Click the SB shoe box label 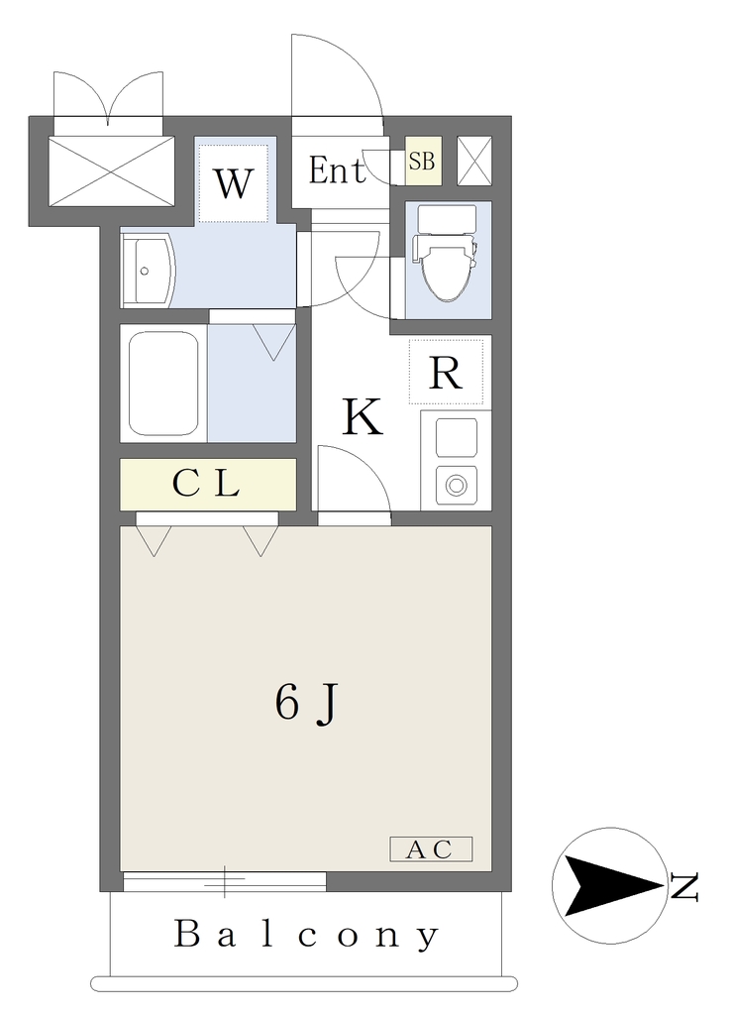(423, 161)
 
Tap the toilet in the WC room (447, 253)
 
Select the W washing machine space (233, 183)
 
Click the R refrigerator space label (446, 373)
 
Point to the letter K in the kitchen (363, 417)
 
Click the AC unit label (431, 849)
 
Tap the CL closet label (207, 483)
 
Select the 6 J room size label (306, 705)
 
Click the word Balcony (306, 935)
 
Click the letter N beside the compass (684, 887)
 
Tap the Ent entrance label (337, 170)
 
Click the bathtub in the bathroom (163, 384)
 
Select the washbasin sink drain (145, 272)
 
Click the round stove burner (457, 485)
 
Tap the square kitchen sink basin (457, 437)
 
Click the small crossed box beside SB (474, 161)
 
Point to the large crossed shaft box (111, 170)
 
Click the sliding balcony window (225, 881)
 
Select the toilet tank (446, 219)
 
